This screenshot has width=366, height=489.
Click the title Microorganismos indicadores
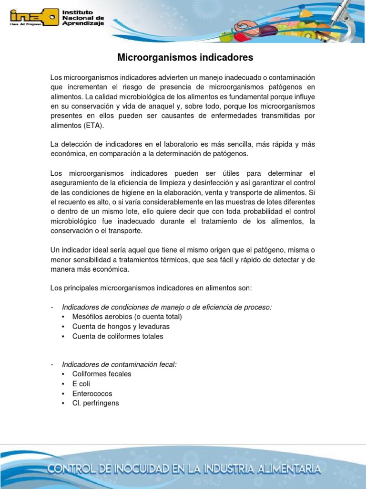point(185,58)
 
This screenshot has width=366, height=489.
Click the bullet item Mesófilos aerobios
point(127,317)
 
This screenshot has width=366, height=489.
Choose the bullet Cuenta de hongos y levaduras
point(121,327)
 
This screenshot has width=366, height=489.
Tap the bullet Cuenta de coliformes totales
point(118,336)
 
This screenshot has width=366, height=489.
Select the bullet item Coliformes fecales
point(102,374)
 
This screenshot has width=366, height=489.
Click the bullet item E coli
point(81,384)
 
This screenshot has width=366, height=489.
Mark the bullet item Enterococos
point(92,393)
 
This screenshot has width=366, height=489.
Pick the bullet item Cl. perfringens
point(96,403)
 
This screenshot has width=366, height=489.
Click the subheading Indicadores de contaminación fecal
point(119,364)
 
